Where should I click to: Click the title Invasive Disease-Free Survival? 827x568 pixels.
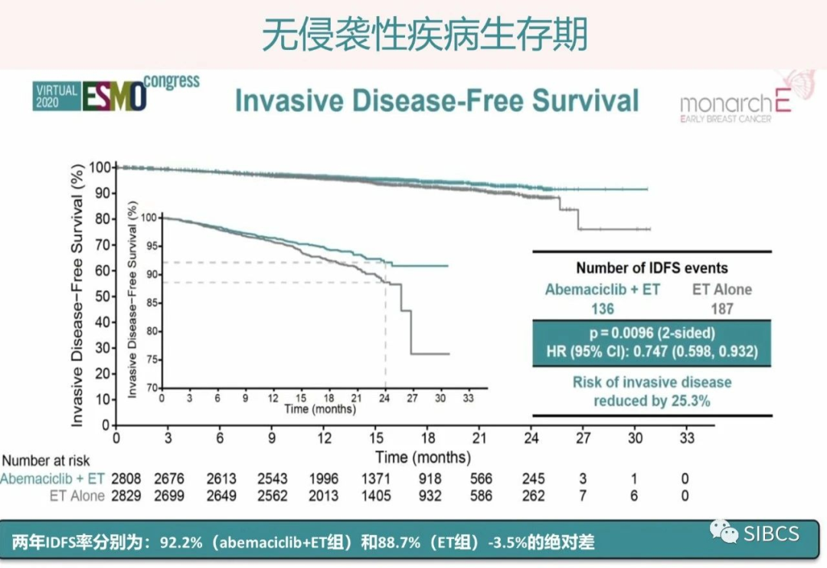pos(436,100)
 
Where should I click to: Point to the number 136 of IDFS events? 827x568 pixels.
pos(602,309)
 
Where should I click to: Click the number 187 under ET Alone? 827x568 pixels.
pos(722,309)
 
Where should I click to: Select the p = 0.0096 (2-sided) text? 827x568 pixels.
pos(652,333)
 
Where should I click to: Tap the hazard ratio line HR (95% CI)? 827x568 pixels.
pos(652,351)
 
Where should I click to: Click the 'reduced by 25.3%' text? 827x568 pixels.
pos(652,401)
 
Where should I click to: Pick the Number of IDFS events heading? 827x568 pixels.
pos(652,268)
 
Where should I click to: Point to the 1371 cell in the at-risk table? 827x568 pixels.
pos(375,478)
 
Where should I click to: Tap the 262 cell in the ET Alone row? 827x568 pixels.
pos(533,496)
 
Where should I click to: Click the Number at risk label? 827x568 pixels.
pos(46,461)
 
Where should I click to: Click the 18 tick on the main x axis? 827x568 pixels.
pos(428,438)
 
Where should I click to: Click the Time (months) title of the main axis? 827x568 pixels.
pos(423,458)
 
